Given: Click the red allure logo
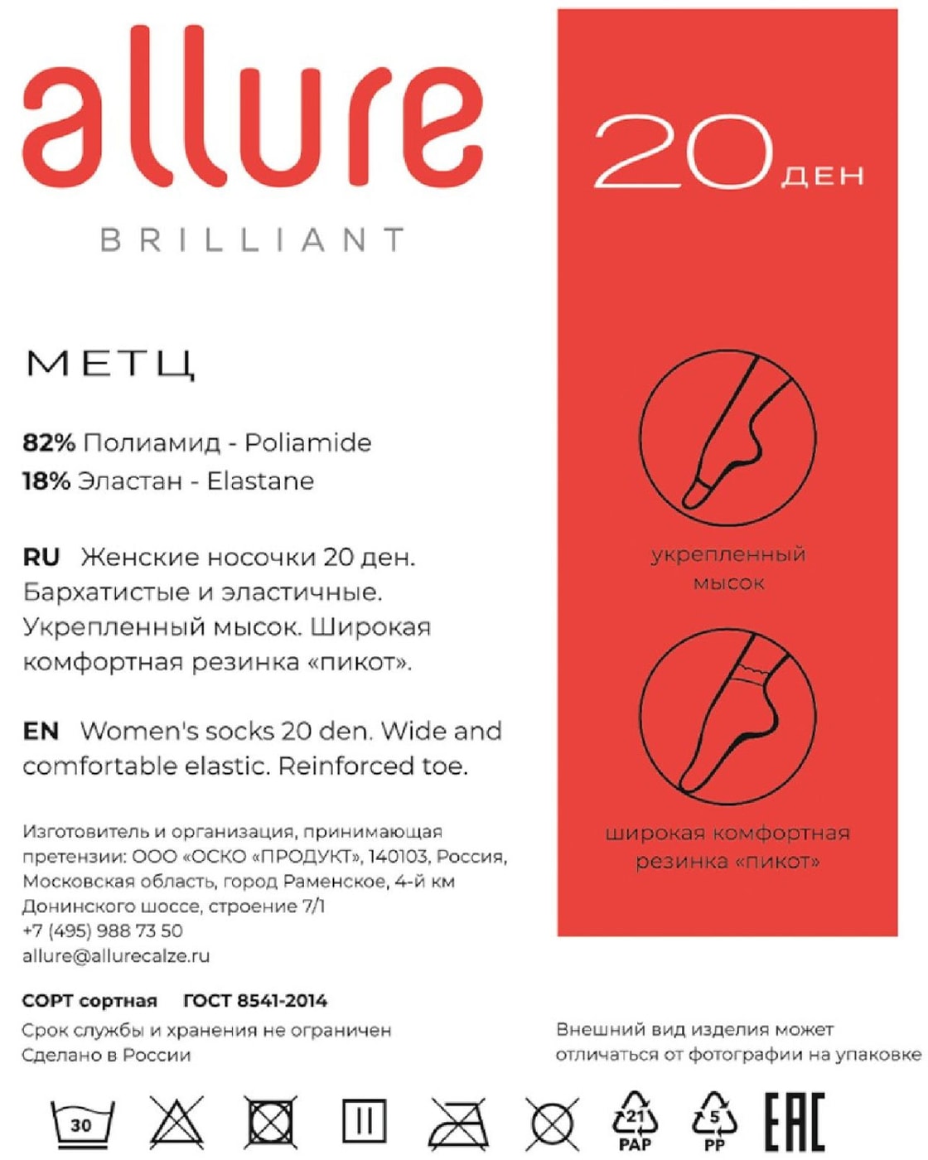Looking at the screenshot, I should [253, 108].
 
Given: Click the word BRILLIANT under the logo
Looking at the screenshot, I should [253, 240].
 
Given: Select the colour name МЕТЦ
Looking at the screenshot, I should [112, 365].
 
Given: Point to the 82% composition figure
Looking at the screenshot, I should [49, 442].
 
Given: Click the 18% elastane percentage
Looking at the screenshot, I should [46, 481].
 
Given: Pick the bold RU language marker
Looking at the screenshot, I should [41, 557].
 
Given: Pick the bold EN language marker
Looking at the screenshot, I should [41, 731].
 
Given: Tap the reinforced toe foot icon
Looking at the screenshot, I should [727, 437].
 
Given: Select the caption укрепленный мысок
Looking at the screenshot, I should [727, 568].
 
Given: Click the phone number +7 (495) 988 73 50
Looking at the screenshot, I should [103, 930].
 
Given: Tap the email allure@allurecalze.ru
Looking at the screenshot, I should [116, 955].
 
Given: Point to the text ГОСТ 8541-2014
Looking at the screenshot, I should [255, 1001].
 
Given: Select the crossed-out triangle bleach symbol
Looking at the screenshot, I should [176, 1123].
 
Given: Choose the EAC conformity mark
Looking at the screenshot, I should [794, 1122].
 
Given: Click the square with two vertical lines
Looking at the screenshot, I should [365, 1122].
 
